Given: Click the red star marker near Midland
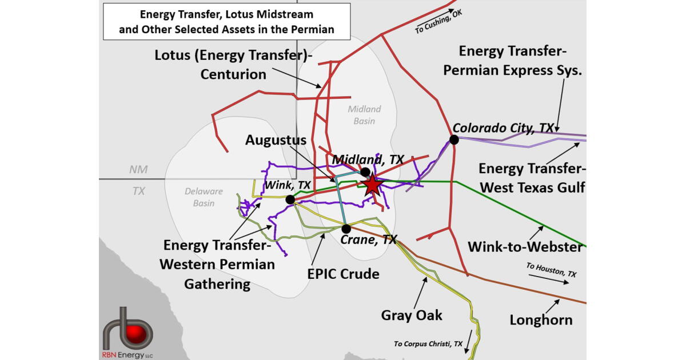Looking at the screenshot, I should click(372, 184).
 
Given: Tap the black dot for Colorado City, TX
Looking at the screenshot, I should click(454, 139).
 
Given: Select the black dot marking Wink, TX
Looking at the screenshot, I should click(290, 199).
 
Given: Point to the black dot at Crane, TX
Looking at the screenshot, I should click(346, 229).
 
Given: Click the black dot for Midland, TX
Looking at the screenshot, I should click(365, 171).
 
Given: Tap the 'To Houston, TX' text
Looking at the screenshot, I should click(551, 270).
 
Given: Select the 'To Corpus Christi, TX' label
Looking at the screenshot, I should click(428, 343).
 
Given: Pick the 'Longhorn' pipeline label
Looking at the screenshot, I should click(541, 320).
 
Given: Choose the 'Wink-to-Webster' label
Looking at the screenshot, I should click(525, 247).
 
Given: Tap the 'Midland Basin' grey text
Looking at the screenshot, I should click(364, 114).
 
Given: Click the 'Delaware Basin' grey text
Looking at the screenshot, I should click(204, 197).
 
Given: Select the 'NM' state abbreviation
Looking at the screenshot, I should click(138, 170).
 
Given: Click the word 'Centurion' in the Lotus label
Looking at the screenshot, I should click(233, 74).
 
